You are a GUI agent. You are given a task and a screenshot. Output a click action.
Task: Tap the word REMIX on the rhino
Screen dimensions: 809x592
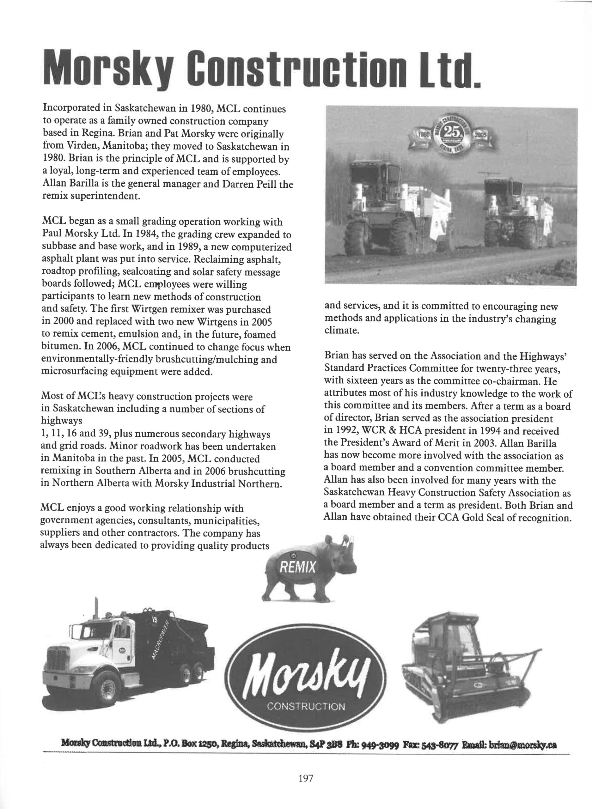pos(298,567)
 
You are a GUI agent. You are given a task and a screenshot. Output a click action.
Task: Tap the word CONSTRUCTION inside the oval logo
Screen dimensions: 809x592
pos(306,707)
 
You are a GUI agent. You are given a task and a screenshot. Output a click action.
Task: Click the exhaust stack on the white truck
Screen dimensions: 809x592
pos(96,611)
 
